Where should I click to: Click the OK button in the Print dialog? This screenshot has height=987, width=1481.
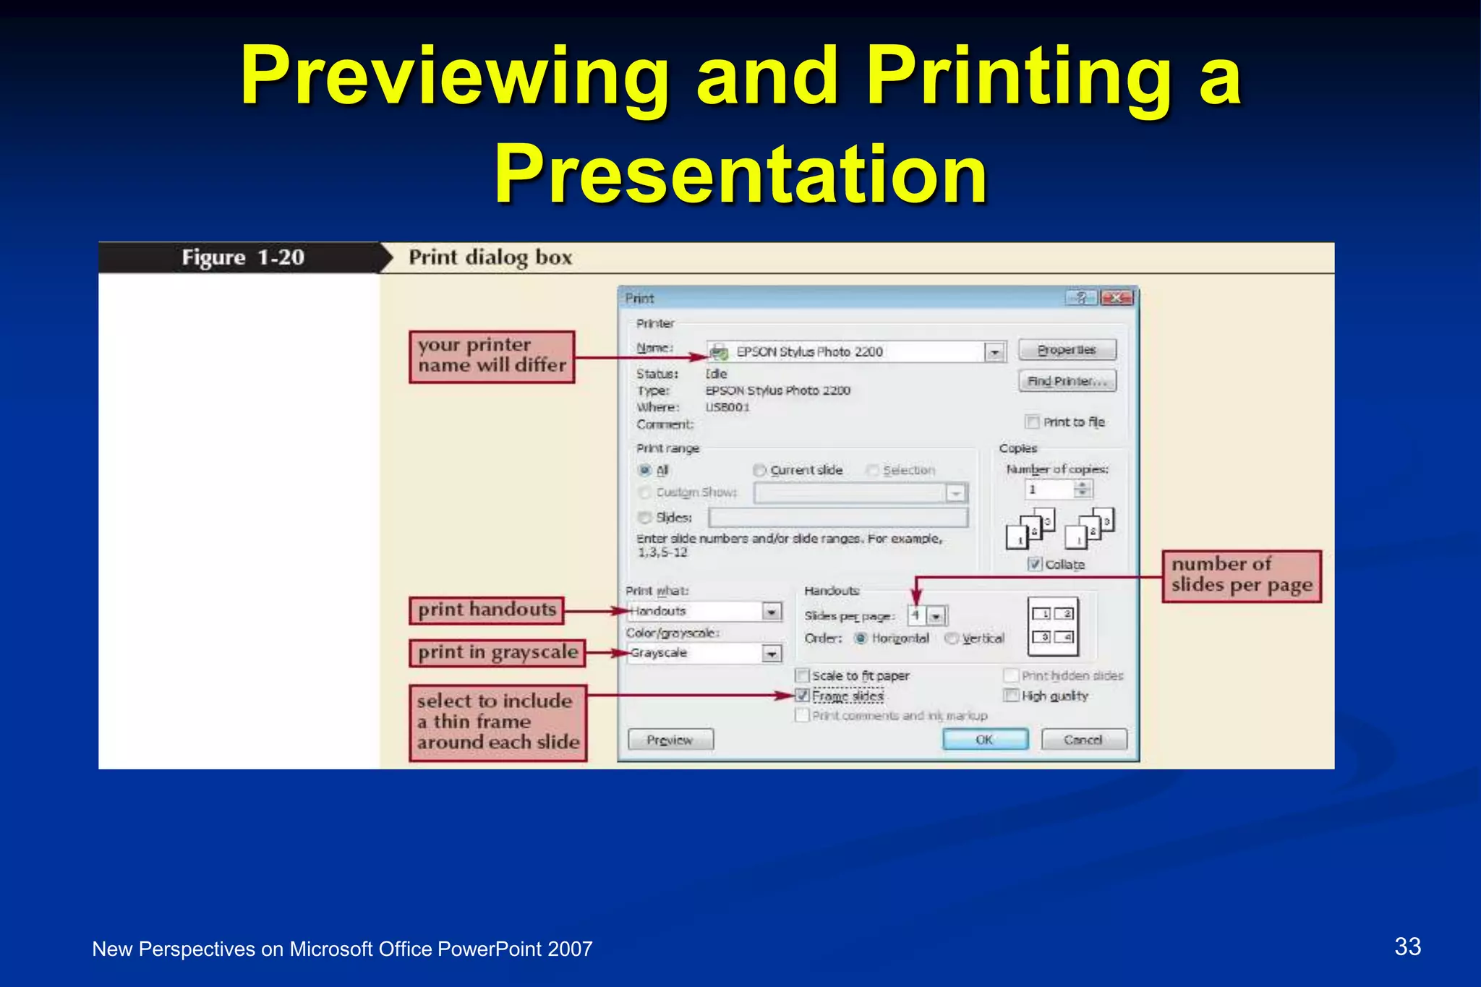[x=984, y=740]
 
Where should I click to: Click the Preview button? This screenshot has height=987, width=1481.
[x=670, y=740]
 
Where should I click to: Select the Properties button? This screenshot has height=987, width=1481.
[x=1067, y=350]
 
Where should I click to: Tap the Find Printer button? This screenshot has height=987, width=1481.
[x=1067, y=381]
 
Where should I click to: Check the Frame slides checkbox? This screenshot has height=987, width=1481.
[x=802, y=696]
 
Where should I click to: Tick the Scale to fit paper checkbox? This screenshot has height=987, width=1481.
[x=802, y=675]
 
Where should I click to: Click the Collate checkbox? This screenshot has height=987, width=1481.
[x=1035, y=564]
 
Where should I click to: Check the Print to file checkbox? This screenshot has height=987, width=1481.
[x=1033, y=422]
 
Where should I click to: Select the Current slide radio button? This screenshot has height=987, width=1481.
[x=759, y=470]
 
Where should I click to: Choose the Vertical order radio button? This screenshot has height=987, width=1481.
[x=952, y=638]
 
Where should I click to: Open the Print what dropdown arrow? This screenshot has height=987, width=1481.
[x=772, y=612]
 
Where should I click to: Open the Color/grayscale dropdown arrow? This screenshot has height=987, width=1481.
[x=772, y=654]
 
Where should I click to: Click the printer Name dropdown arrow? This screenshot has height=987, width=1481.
[x=995, y=352]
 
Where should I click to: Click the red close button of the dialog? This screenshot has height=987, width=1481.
[x=1116, y=298]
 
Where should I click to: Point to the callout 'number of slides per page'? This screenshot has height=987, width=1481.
[x=1241, y=575]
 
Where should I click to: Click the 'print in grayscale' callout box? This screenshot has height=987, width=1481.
[x=497, y=652]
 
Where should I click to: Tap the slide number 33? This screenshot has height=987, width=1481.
[x=1407, y=947]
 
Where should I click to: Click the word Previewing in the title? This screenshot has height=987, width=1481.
[x=455, y=77]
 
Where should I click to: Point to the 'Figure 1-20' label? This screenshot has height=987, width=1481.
[x=242, y=257]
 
